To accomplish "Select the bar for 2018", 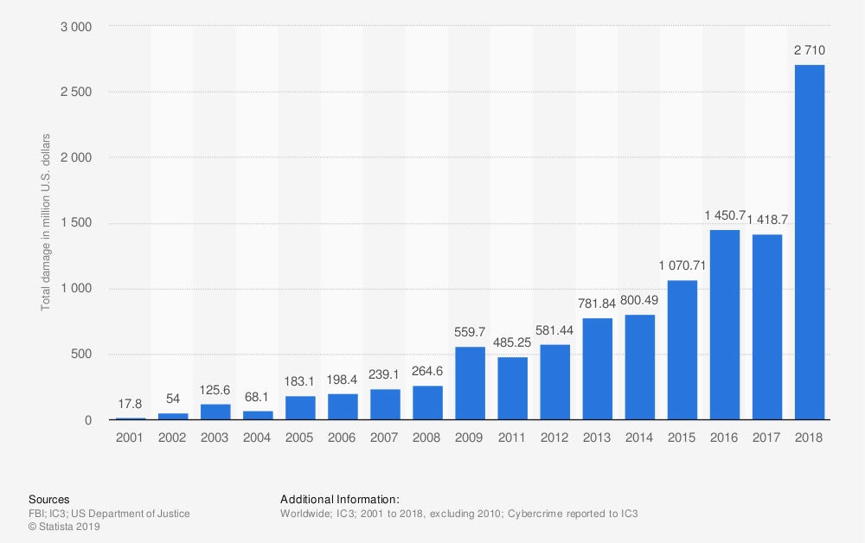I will pos(810,243).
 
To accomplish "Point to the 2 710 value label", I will pos(810,51).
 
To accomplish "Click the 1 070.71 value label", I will pos(682,266).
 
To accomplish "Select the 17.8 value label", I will pos(130,404).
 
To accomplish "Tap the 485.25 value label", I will pos(512,343).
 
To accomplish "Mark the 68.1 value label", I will pos(257,397).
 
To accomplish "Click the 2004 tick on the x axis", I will pos(257,438).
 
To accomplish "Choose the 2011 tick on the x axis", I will pos(512,438).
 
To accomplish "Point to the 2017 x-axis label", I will pos(767,438).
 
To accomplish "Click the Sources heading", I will pos(49,500).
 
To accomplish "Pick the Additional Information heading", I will pos(340,500).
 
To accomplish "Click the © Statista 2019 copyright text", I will pos(65,526).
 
